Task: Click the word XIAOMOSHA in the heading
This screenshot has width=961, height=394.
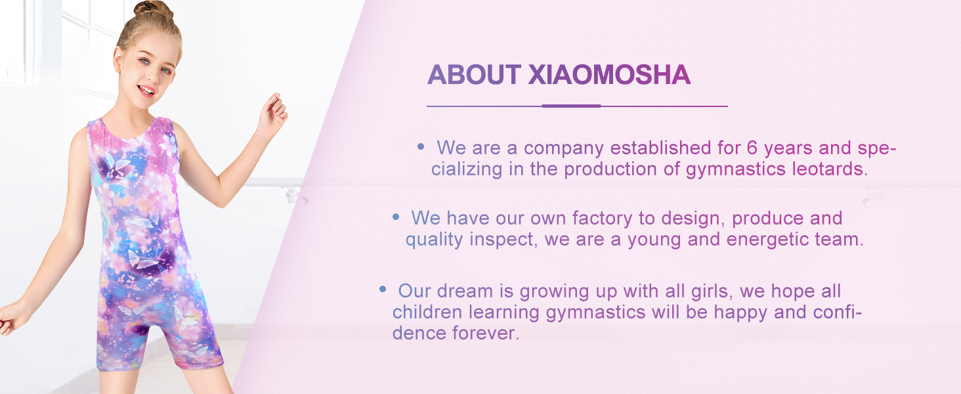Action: (609, 76)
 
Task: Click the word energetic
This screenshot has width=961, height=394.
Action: (767, 240)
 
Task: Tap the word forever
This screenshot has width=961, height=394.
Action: (486, 333)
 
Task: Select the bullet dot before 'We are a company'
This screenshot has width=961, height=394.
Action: (421, 147)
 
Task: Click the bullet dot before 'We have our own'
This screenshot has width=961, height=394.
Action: (395, 216)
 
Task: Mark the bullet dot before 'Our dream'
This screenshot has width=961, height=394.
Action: (383, 289)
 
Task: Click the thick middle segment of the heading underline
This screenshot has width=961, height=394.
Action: (571, 106)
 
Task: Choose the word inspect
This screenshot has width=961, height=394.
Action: (502, 240)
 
